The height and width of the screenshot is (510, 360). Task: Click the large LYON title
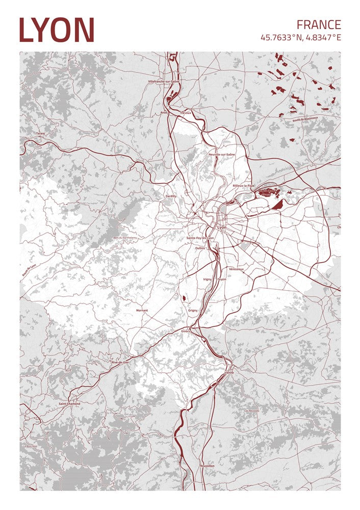(57, 30)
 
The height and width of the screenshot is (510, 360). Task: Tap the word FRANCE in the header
(319, 24)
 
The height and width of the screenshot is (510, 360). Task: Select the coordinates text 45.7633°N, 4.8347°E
(300, 38)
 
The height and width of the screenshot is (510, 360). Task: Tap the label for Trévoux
(186, 113)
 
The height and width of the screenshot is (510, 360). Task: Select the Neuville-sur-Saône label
(222, 154)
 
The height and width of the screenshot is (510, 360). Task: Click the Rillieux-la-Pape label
(243, 186)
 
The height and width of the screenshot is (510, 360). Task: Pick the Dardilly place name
(171, 196)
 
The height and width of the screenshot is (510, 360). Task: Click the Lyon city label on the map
(221, 227)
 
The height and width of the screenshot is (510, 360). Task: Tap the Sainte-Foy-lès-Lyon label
(200, 238)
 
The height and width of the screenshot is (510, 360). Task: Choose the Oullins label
(200, 248)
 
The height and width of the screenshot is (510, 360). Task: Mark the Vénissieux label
(237, 269)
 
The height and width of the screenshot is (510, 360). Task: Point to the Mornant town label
(142, 310)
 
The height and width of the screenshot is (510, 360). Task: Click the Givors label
(185, 331)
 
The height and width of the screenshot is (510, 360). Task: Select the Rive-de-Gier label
(120, 362)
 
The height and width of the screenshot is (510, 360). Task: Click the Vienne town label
(229, 372)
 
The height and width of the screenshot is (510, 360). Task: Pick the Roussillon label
(208, 466)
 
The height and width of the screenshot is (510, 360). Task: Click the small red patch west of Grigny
(183, 298)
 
